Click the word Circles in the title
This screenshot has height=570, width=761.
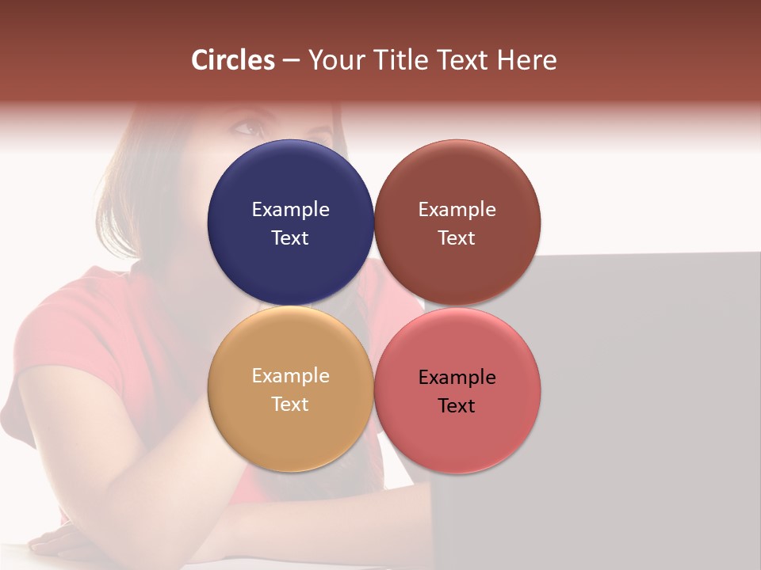coord(233,60)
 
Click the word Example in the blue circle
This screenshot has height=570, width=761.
coord(290,210)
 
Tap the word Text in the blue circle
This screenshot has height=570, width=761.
coord(290,238)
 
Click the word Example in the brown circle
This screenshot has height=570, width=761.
coord(457,210)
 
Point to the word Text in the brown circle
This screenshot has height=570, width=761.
coord(457,238)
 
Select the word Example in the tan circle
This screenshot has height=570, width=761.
coord(290,376)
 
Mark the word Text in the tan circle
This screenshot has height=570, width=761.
coord(290,405)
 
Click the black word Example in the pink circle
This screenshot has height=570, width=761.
coord(457,378)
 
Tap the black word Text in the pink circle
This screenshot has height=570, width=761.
coord(457,406)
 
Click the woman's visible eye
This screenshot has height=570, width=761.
coord(247,127)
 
